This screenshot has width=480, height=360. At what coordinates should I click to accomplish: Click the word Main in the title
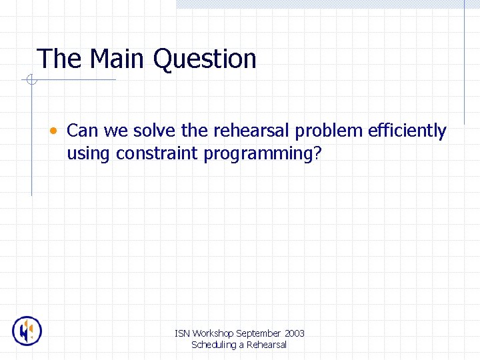(117, 59)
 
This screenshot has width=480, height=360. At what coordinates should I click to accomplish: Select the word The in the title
(59, 59)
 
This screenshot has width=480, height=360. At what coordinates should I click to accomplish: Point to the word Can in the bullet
(82, 131)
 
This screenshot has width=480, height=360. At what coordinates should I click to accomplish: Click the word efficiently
(407, 132)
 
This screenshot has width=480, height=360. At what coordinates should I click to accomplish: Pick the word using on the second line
(89, 155)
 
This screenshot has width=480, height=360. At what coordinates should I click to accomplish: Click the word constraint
(157, 153)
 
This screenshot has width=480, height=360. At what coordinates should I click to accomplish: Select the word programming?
(263, 155)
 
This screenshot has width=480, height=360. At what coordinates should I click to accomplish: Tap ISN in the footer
(182, 333)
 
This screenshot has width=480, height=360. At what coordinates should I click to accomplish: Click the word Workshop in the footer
(213, 333)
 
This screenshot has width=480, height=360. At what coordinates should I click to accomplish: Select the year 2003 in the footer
(294, 333)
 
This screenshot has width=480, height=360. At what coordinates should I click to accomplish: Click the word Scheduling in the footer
(214, 345)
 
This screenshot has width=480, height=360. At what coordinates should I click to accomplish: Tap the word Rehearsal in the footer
(266, 345)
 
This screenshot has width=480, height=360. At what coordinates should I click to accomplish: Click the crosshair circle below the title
(31, 81)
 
